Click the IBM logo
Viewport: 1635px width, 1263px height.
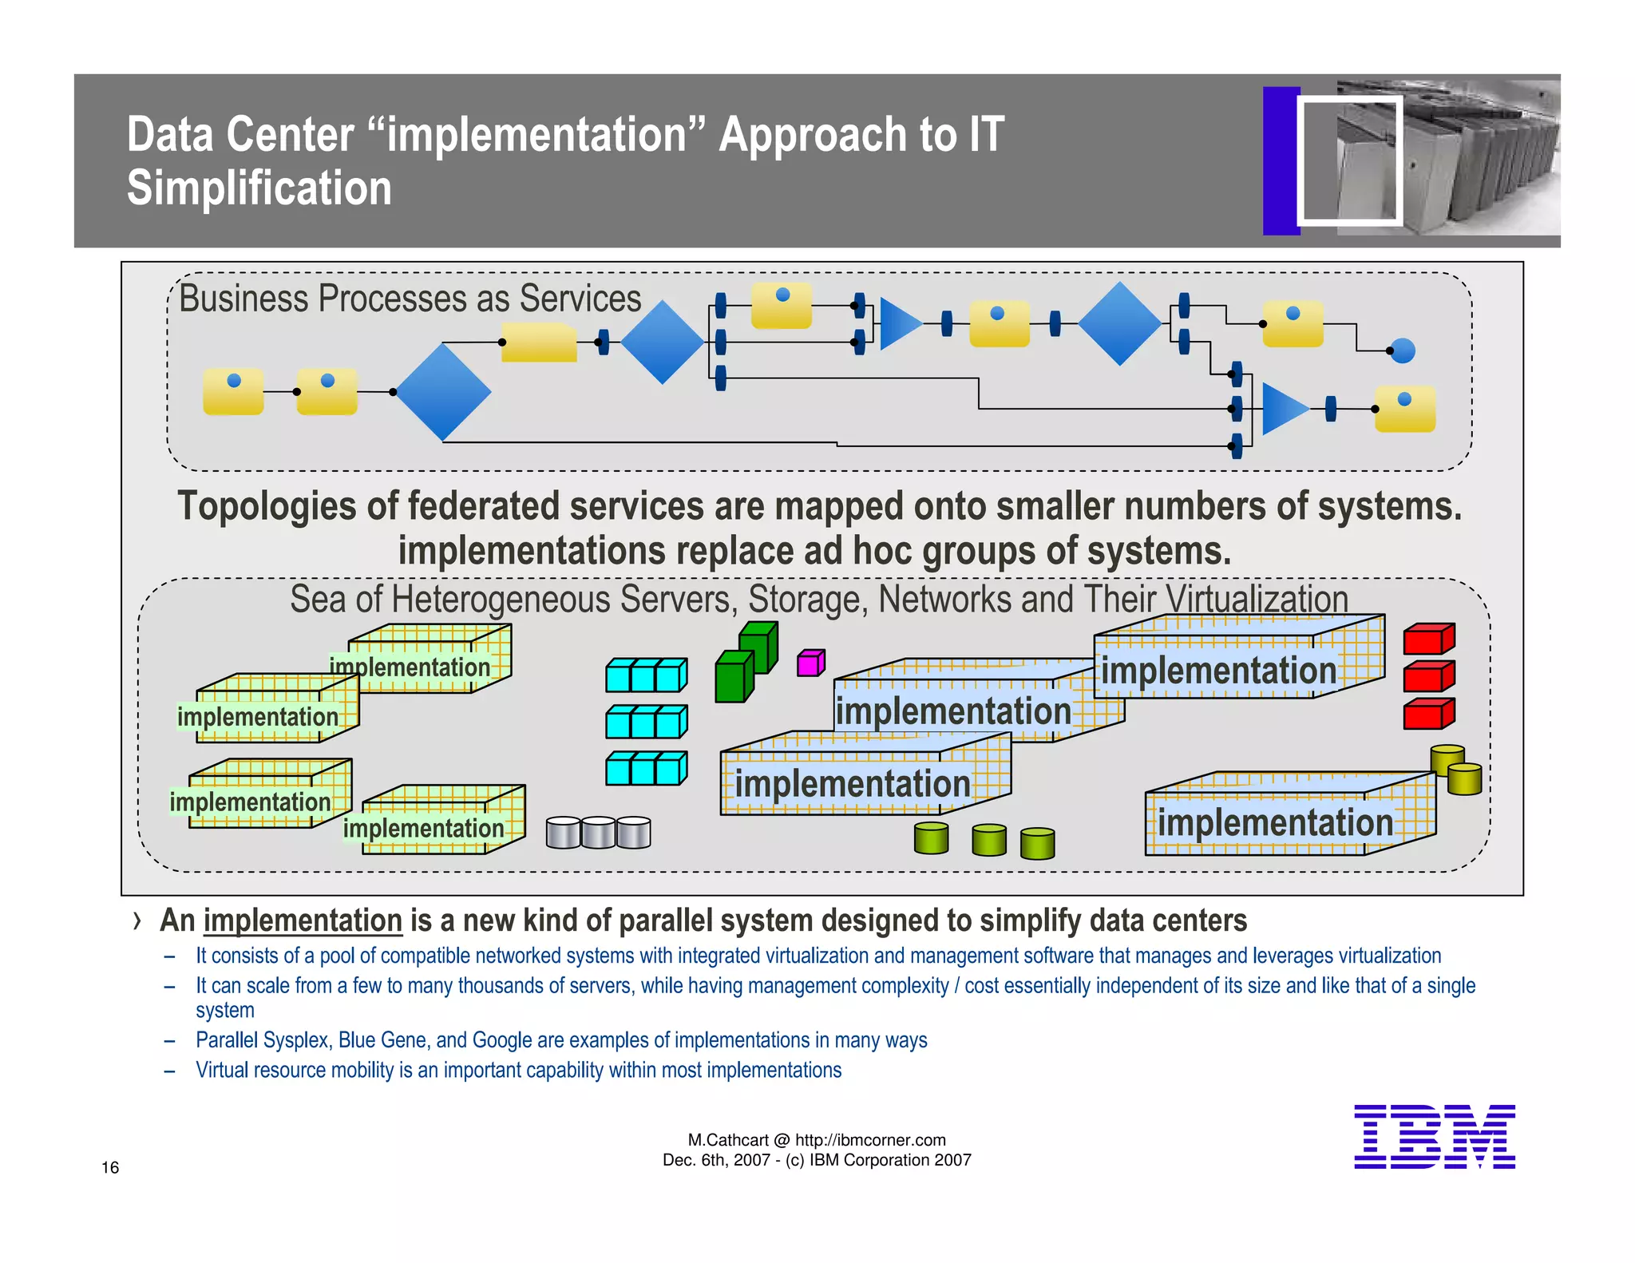click(x=1434, y=1136)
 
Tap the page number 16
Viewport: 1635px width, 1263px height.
click(x=110, y=1167)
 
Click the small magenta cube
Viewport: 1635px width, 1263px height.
click(x=810, y=663)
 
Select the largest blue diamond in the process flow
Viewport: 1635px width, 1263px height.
click(x=442, y=392)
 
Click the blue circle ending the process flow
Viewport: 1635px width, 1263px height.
click(x=1403, y=350)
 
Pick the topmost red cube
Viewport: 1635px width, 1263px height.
click(x=1428, y=639)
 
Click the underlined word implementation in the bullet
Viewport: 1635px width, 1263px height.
click(x=303, y=921)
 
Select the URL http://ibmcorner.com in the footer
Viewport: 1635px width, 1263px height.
click(x=870, y=1140)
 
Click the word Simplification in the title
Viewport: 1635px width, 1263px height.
click(x=259, y=188)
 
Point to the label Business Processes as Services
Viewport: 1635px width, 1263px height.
click(x=410, y=299)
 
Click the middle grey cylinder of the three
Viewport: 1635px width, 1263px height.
click(x=598, y=833)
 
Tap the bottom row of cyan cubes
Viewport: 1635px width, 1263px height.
click(x=646, y=770)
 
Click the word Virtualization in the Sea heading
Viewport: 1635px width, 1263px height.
click(x=1257, y=599)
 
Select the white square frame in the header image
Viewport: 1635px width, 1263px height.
click(x=1349, y=160)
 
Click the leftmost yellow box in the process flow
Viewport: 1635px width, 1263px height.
click(x=233, y=391)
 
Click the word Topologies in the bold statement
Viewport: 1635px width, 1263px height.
click(x=267, y=506)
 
